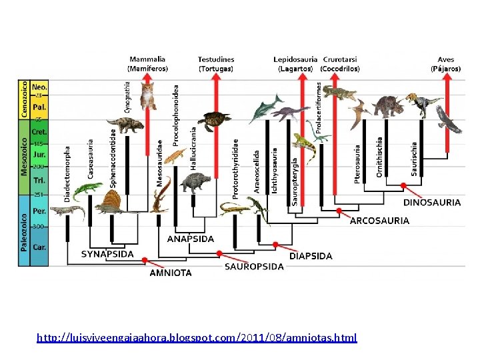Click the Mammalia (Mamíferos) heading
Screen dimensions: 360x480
pyautogui.click(x=147, y=63)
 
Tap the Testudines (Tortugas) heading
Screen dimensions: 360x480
pyautogui.click(x=216, y=63)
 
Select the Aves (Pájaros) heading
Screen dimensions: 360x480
pyautogui.click(x=446, y=63)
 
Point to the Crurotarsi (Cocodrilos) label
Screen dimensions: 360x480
pyautogui.click(x=339, y=63)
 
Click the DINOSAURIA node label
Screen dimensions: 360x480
pyautogui.click(x=431, y=202)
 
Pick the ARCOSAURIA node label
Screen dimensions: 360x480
pyautogui.click(x=379, y=221)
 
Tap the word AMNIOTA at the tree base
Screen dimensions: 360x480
pyautogui.click(x=171, y=273)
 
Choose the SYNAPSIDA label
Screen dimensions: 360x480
pyautogui.click(x=107, y=254)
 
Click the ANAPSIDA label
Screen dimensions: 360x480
pyautogui.click(x=191, y=238)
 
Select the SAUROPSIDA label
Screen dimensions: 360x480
pyautogui.click(x=253, y=267)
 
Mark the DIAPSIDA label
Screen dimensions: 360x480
pyautogui.click(x=311, y=256)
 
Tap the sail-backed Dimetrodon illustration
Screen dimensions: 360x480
pyautogui.click(x=107, y=201)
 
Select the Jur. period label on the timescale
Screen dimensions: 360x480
pyautogui.click(x=40, y=155)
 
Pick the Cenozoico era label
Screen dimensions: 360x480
pyautogui.click(x=24, y=100)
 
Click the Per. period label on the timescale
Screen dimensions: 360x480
pyautogui.click(x=40, y=210)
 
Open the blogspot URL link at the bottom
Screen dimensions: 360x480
pyautogui.click(x=197, y=338)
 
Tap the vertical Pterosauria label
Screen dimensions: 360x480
pyautogui.click(x=357, y=164)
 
